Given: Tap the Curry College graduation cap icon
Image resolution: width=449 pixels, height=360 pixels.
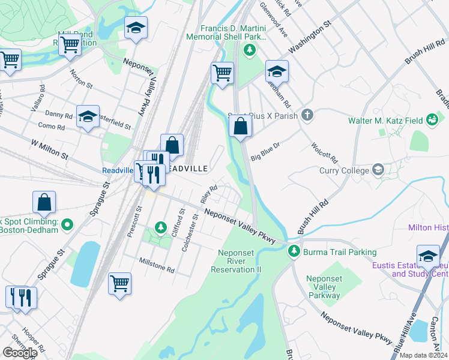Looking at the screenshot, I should [x=378, y=170].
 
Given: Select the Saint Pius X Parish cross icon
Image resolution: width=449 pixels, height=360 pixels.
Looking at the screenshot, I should [x=307, y=114].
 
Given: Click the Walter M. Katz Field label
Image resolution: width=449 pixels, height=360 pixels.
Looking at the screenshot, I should [x=385, y=121].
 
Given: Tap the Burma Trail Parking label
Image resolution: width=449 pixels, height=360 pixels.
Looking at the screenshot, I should [x=340, y=252].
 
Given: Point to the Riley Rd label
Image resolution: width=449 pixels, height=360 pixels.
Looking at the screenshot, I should [x=209, y=194].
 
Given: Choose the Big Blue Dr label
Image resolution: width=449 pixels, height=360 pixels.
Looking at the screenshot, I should [x=266, y=148].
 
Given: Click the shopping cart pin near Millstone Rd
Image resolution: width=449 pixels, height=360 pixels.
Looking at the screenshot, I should [x=119, y=283].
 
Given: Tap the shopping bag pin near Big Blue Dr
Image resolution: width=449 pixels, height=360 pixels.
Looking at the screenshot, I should [x=240, y=127].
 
